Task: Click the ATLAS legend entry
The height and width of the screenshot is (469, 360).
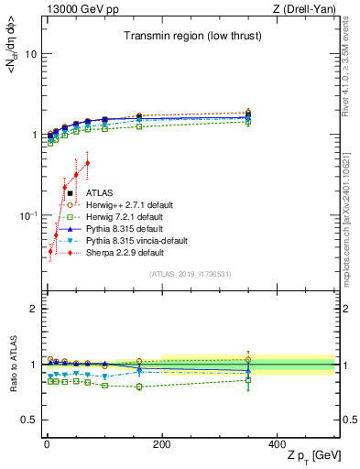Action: [101, 193]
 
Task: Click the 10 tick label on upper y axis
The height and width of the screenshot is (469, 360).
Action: [30, 54]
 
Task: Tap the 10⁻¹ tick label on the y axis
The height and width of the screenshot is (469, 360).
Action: [27, 215]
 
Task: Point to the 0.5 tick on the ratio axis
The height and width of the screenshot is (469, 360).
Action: [29, 420]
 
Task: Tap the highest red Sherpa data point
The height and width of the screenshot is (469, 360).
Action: [87, 163]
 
